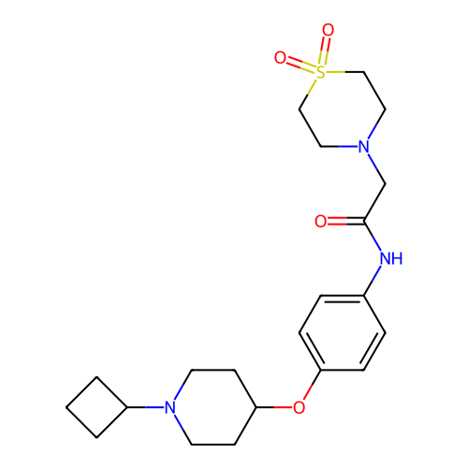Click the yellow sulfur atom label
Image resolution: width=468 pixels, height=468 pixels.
[x=321, y=72]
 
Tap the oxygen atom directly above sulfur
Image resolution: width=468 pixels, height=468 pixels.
[x=329, y=30]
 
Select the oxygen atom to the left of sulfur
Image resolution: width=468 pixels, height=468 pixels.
[x=280, y=57]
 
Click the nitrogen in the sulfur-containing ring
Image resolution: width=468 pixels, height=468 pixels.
[x=364, y=147]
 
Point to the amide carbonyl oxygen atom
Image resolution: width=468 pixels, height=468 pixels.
[x=321, y=221]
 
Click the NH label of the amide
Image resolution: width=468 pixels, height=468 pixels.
[x=391, y=258]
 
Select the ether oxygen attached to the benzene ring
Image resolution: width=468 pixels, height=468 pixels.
[x=300, y=407]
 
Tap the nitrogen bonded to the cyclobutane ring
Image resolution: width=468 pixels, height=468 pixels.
[x=170, y=407]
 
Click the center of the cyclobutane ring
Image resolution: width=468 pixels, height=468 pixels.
[x=96, y=407]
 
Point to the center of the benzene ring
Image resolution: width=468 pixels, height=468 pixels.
[x=343, y=333]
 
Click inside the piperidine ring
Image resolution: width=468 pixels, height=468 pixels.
[x=213, y=407]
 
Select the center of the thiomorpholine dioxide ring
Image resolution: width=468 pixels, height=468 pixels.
[x=343, y=110]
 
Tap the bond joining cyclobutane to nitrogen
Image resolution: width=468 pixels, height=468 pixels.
[x=145, y=407]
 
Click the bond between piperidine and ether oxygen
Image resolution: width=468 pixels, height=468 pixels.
[x=274, y=407]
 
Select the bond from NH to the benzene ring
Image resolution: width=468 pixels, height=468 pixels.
[x=373, y=280]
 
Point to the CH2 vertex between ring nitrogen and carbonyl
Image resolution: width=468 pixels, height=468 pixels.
[x=386, y=183]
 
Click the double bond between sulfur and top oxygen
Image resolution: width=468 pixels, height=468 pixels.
[x=325, y=51]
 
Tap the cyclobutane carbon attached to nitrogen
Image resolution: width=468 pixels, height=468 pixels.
[x=127, y=407]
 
